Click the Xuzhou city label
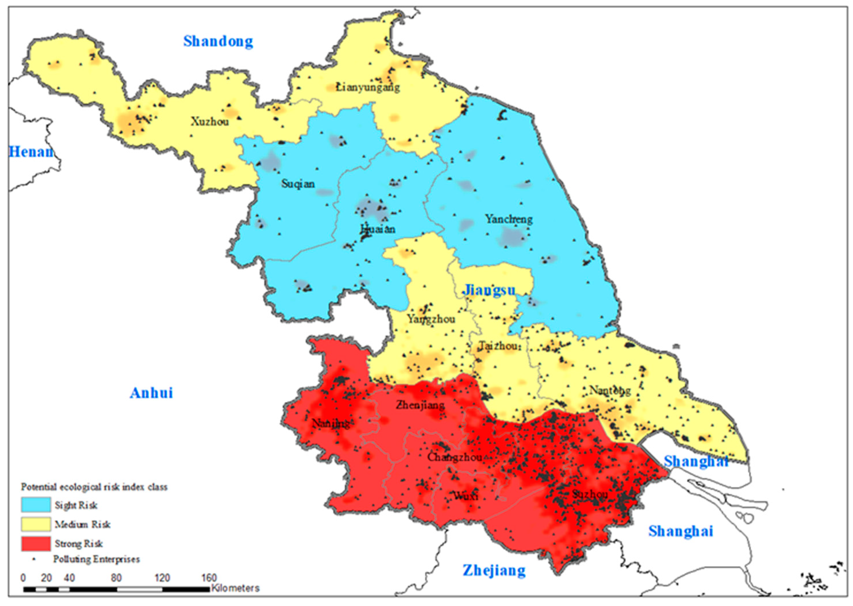tap(210, 122)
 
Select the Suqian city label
tap(298, 184)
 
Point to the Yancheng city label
tap(508, 219)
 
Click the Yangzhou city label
tap(431, 319)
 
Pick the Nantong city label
tap(610, 390)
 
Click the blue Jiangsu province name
tap(489, 290)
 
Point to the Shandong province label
tap(218, 41)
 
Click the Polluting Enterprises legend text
tap(96, 559)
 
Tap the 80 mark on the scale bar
tap(116, 578)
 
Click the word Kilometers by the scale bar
tap(235, 588)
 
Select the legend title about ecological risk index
tap(94, 487)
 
